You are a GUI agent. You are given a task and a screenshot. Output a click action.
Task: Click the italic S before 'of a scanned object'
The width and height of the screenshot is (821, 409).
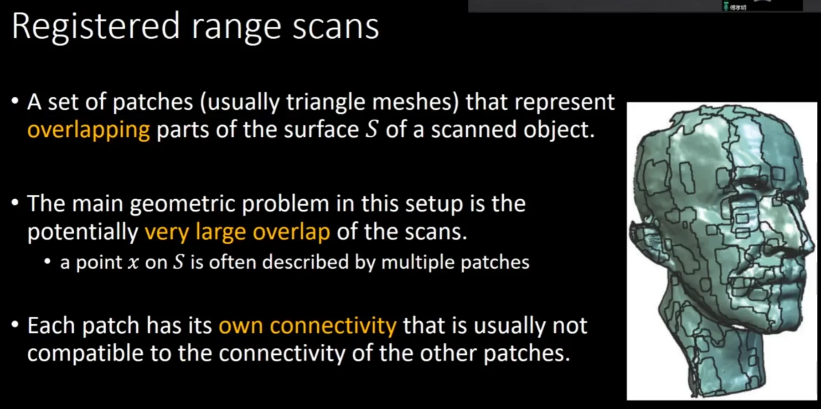coord(372,129)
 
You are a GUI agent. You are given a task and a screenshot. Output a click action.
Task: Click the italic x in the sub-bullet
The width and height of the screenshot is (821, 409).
coord(133,263)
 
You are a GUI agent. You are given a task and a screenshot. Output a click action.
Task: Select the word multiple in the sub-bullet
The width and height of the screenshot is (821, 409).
coord(418,263)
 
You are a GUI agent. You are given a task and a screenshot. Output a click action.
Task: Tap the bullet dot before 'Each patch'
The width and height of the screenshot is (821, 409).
coord(15,325)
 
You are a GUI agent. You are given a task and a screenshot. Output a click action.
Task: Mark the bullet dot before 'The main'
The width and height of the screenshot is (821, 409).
coord(15,202)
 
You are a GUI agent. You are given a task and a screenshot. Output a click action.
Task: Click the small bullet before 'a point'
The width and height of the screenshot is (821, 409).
coord(47,262)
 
